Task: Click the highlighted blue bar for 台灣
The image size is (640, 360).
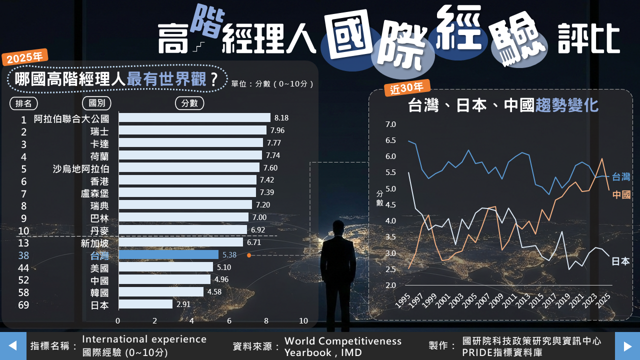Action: (x=168, y=255)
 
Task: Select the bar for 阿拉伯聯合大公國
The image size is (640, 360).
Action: (x=194, y=118)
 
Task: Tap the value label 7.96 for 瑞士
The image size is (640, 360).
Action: (x=277, y=130)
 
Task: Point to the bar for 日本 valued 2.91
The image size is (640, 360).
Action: (x=145, y=304)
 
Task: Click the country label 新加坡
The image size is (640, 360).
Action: (x=94, y=243)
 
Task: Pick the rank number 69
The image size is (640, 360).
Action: (x=23, y=305)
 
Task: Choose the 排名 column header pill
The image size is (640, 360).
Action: (x=23, y=103)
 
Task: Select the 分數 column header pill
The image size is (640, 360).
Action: (x=189, y=103)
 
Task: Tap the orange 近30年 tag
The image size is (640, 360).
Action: (x=407, y=87)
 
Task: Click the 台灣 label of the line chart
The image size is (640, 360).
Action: (x=621, y=177)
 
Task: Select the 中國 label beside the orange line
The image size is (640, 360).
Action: (x=621, y=194)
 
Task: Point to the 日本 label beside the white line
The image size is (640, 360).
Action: (x=620, y=261)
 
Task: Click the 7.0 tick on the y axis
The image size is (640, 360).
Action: (x=390, y=124)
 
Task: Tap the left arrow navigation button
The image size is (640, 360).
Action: (x=13, y=345)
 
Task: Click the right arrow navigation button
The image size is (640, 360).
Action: (x=627, y=345)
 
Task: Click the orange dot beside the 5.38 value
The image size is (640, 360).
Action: (x=248, y=255)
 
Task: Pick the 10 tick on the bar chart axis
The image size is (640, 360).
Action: (x=303, y=320)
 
